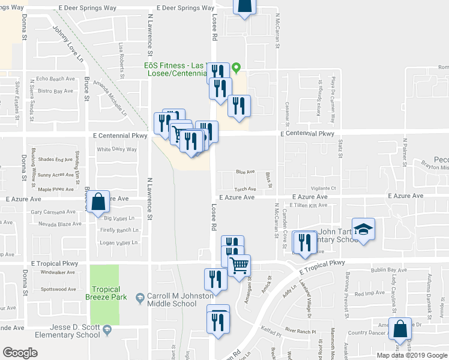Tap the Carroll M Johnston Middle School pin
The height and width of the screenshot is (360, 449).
coord(140,297)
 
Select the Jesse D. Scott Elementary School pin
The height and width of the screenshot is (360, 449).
coord(107,329)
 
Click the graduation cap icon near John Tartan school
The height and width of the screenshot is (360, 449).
coord(363,230)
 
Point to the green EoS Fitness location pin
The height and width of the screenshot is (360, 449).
coord(237,67)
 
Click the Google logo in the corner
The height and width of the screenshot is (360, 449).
coord(20,353)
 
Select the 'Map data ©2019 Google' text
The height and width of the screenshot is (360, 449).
coord(412,355)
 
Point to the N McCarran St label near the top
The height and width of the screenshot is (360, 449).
coord(278,24)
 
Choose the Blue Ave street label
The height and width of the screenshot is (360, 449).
coord(245,172)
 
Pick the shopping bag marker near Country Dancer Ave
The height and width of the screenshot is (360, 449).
coord(400,329)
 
